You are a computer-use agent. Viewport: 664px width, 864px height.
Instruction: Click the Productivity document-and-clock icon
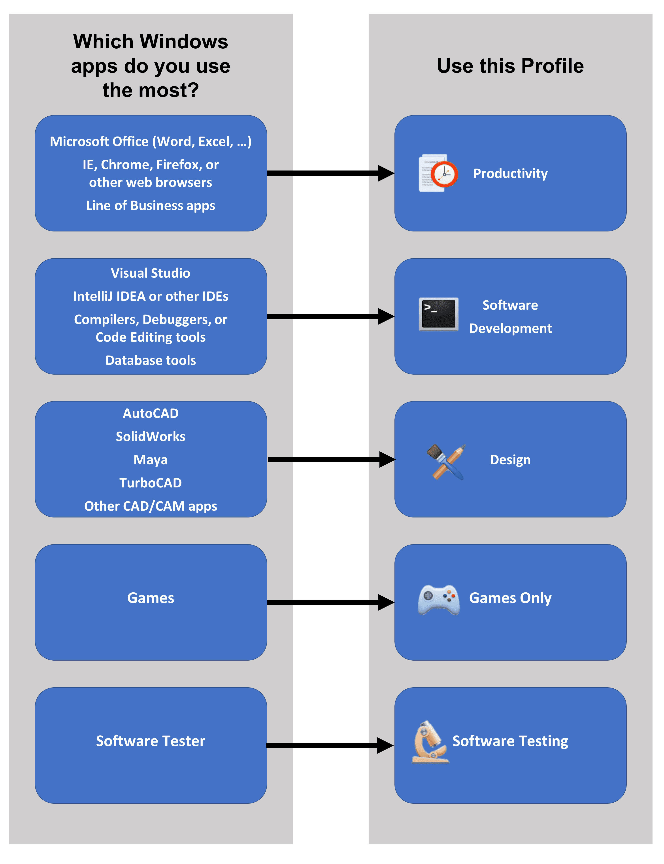[438, 173]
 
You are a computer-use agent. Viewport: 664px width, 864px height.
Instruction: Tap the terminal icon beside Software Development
[438, 314]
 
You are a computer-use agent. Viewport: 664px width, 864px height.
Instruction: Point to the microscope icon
[430, 742]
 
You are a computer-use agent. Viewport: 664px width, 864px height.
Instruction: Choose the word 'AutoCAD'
[151, 413]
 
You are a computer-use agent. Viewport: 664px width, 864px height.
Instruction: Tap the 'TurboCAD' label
[151, 483]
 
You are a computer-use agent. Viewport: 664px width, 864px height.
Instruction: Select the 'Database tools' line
[151, 360]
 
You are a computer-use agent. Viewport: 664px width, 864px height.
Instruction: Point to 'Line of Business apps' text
[151, 206]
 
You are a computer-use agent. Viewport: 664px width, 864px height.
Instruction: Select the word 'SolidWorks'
[151, 437]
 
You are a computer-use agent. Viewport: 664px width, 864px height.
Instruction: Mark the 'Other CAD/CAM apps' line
[151, 506]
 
